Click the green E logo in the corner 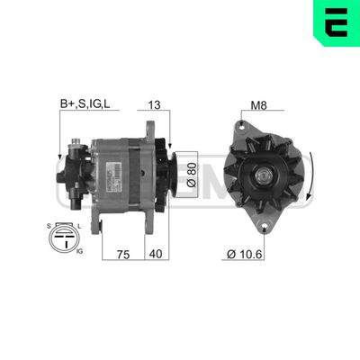[x=335, y=24]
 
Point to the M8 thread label [x=257, y=106]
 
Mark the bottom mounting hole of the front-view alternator [x=266, y=226]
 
